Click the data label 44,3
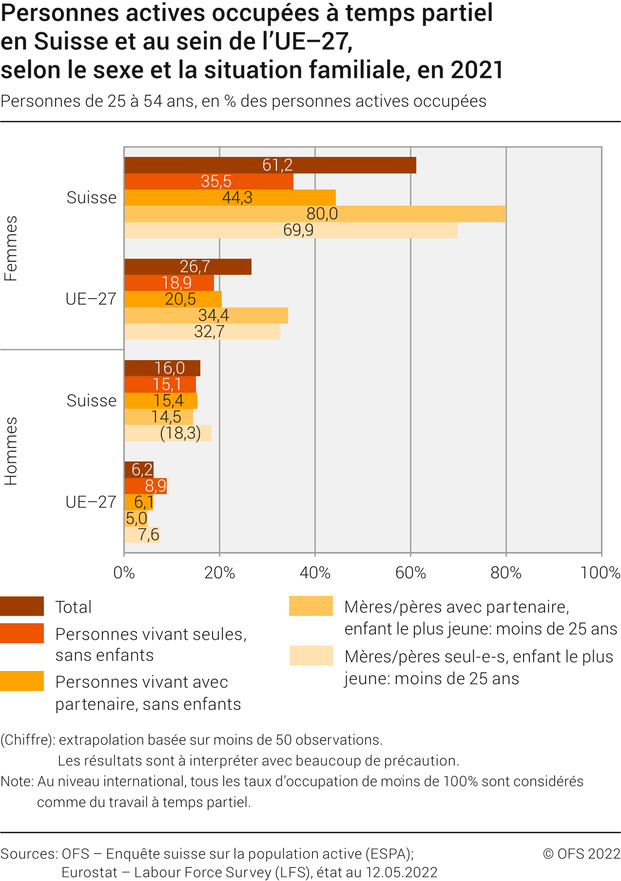pos(237,197)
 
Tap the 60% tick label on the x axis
pos(410,573)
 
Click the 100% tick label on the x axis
pos(600,573)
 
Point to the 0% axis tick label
pos(124,573)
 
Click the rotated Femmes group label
pos(11,248)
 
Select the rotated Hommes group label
pos(11,451)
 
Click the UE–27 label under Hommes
pos(91,502)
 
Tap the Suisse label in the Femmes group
pos(92,198)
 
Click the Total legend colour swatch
pos(22,606)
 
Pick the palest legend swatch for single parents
pos(311,655)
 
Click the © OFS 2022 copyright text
pos(581,854)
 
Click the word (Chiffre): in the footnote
pos(27,740)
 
